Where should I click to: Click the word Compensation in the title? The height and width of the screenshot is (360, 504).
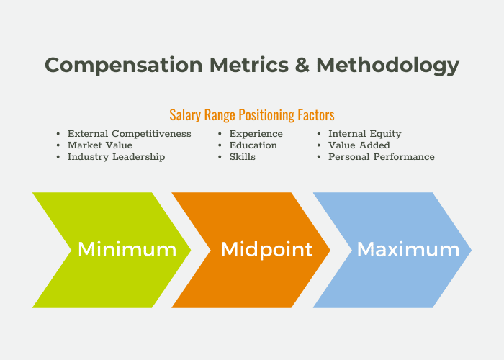coord(124,65)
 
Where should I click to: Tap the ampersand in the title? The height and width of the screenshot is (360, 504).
coord(302,65)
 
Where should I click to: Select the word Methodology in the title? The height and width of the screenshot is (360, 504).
coord(387,66)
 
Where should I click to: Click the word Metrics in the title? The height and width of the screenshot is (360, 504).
coord(249,65)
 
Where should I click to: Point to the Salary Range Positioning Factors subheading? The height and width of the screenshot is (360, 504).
coord(252,115)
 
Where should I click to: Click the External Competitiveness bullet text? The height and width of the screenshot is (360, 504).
coord(129,134)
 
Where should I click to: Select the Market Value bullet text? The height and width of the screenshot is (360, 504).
coord(100,145)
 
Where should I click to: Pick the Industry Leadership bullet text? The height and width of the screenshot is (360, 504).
coord(116,157)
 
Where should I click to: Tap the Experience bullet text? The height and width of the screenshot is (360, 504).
coord(256,134)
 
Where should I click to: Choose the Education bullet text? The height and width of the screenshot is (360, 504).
coord(253,145)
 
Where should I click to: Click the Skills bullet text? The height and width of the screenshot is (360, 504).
coord(243,157)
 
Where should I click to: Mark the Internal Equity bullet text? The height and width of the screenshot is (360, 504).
coord(365,134)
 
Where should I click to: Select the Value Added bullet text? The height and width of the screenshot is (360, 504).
coord(359,145)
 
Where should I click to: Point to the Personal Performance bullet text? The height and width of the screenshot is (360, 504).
coord(381,157)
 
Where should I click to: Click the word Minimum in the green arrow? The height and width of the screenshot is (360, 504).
coord(127,249)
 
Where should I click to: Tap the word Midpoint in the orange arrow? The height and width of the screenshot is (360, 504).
coord(267,250)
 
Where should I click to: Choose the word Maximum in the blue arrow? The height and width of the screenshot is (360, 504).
coord(408,249)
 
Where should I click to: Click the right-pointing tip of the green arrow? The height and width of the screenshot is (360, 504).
coord(191,250)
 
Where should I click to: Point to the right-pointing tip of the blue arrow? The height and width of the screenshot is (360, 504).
coord(471,250)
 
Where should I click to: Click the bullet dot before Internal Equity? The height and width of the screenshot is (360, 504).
coord(319,134)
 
